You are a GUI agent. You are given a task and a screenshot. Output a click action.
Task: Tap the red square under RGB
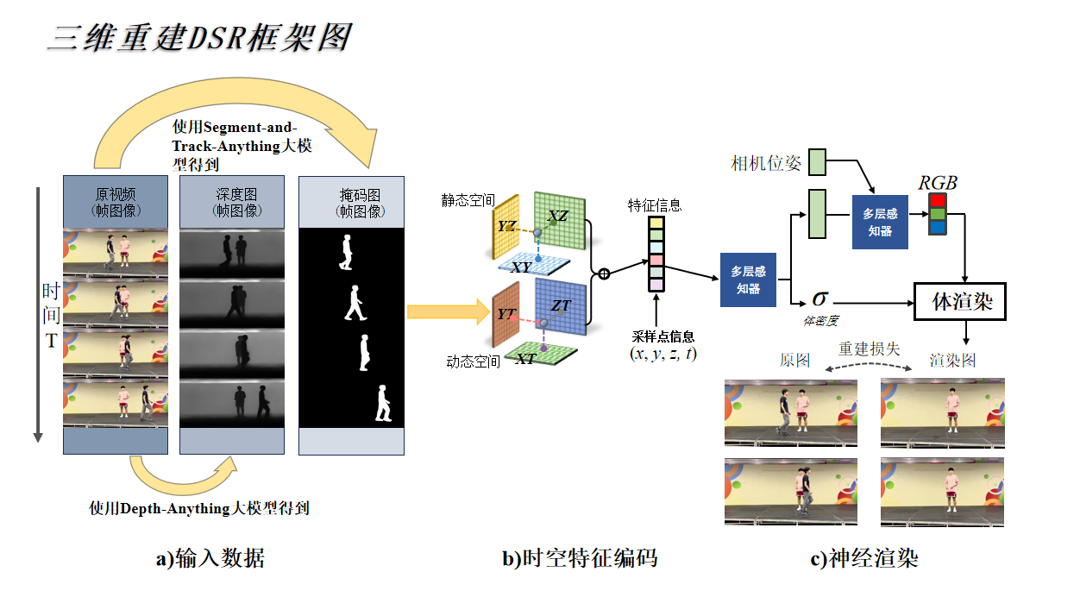(x=938, y=201)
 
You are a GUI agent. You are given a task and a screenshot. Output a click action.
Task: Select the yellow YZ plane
(x=506, y=226)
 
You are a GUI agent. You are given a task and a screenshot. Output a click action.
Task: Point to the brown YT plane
(x=505, y=315)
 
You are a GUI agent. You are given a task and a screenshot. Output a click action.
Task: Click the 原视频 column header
(x=116, y=202)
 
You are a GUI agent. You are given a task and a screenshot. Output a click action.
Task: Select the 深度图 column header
(x=231, y=202)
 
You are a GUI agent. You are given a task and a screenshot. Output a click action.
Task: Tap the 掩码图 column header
(x=351, y=202)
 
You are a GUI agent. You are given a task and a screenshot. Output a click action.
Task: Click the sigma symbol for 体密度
(x=820, y=299)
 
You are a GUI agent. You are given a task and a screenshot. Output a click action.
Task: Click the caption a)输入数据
(x=210, y=559)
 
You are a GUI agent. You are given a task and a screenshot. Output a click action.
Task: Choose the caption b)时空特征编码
(x=580, y=559)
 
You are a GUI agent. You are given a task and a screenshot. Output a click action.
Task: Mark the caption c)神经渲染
(x=864, y=559)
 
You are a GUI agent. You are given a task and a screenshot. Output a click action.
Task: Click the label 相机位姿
(x=766, y=163)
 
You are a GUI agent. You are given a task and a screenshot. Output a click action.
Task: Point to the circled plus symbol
(x=604, y=274)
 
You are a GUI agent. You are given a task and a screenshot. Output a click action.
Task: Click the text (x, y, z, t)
(x=664, y=354)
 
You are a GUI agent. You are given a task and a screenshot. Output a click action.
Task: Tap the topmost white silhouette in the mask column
(x=347, y=253)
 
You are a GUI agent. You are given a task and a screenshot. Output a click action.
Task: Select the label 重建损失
(x=870, y=349)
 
